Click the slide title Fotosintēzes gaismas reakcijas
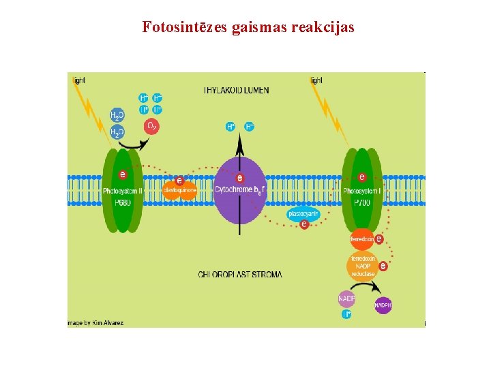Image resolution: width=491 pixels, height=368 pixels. pos(248,28)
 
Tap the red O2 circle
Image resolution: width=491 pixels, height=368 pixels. pos(151,126)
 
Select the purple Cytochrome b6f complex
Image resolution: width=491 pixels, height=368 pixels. pos(239,190)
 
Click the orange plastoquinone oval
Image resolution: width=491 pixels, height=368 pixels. pos(180,190)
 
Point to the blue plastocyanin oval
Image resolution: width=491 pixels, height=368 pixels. pos(303,213)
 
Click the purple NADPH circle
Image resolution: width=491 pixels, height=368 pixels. pos(383,305)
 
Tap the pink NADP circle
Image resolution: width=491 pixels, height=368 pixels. pos(346,298)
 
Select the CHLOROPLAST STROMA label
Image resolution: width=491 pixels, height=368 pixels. pos(239,275)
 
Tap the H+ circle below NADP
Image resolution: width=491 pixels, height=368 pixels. pos(346,314)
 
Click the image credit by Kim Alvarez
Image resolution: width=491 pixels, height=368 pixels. pos(95,322)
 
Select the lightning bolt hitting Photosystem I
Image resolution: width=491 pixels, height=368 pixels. pos(330,112)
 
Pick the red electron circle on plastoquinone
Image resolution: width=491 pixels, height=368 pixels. pos(179,181)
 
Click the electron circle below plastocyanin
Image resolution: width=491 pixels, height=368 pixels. pos(304,224)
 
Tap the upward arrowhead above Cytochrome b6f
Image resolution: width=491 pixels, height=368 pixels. pos(239,141)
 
